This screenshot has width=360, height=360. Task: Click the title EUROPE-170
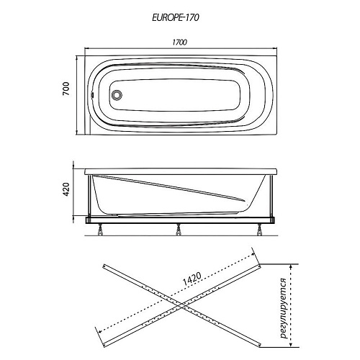(x=176, y=17)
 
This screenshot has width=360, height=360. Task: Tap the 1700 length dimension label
(x=179, y=42)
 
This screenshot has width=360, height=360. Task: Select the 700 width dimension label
(x=66, y=89)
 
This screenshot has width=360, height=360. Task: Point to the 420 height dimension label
(x=66, y=189)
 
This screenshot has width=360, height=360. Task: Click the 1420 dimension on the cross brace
(x=192, y=279)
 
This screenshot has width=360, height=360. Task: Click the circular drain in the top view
(x=117, y=94)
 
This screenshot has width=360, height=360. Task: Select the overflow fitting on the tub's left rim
(x=92, y=94)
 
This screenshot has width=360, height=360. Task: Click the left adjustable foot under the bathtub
(x=100, y=229)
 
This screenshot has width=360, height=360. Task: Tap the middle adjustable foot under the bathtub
(x=179, y=229)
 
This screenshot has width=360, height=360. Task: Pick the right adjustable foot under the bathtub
(x=259, y=229)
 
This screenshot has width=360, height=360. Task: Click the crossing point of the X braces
(x=181, y=305)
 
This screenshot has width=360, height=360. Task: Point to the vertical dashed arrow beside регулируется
(x=291, y=305)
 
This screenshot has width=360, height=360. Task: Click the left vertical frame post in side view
(x=90, y=196)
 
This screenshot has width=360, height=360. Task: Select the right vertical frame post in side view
(x=272, y=196)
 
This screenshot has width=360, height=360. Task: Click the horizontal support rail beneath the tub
(x=180, y=220)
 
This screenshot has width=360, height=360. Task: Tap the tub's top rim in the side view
(x=181, y=171)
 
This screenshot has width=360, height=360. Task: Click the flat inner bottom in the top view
(x=175, y=95)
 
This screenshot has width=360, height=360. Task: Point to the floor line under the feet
(x=181, y=235)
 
